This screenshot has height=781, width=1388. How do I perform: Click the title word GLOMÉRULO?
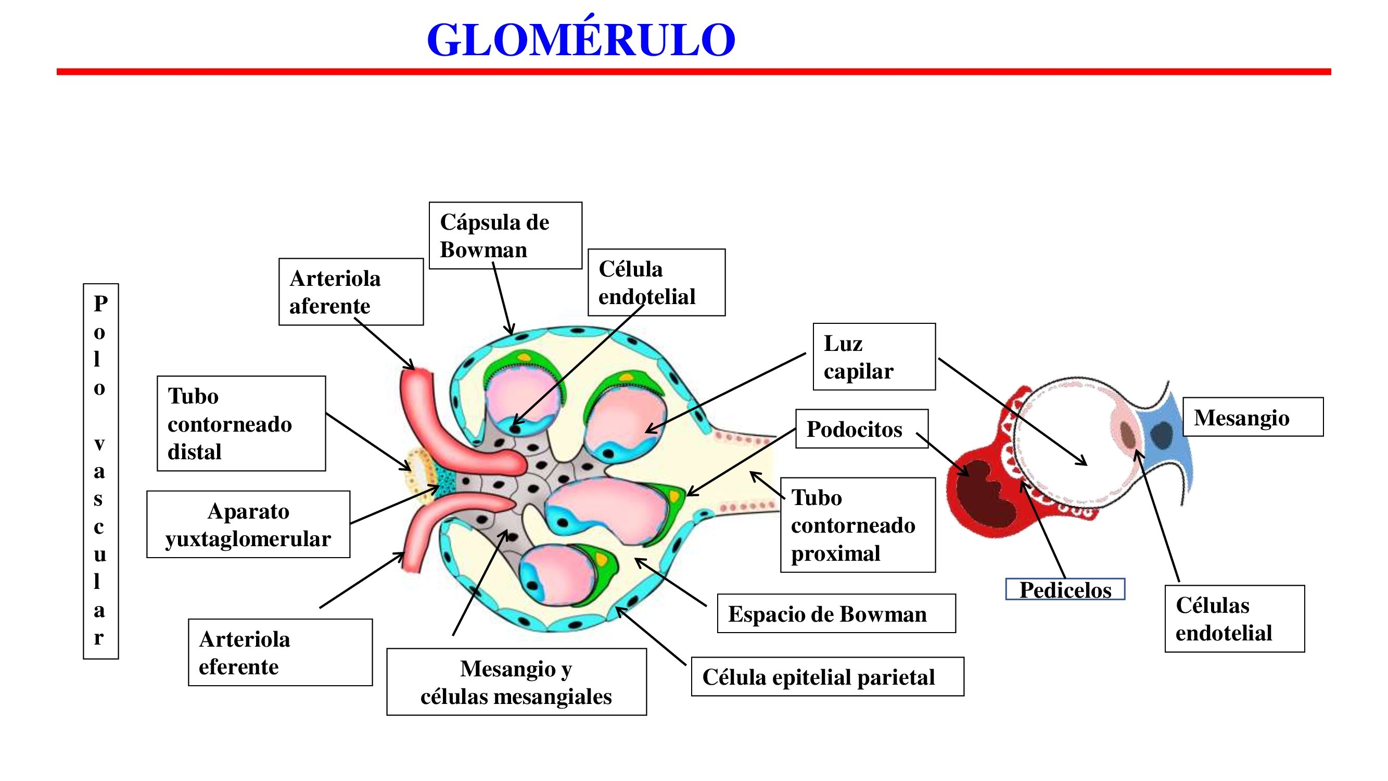coord(581,41)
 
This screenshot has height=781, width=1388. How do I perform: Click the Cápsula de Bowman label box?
coord(505,235)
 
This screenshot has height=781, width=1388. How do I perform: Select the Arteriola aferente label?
coord(351,292)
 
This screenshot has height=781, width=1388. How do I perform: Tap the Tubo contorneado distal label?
coord(241,424)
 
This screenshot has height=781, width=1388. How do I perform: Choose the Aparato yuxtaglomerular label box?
coord(248,524)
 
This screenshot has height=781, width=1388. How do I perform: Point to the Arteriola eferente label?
coord(279,652)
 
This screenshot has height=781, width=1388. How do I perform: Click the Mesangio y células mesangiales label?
coord(516,682)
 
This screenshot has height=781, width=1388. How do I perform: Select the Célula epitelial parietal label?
coord(827,676)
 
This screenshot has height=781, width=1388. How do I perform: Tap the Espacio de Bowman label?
coord(836,613)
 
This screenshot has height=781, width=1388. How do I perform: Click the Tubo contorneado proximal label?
coord(857,525)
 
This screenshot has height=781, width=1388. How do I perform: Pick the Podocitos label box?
coord(861,429)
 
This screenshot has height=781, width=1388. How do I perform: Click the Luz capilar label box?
coord(873,357)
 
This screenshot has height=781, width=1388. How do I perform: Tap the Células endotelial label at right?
coord(1234,619)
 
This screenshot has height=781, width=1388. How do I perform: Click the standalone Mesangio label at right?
coord(1252,417)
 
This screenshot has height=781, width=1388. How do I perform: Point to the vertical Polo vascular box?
coord(100,471)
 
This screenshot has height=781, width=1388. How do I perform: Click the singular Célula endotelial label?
coord(656,282)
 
